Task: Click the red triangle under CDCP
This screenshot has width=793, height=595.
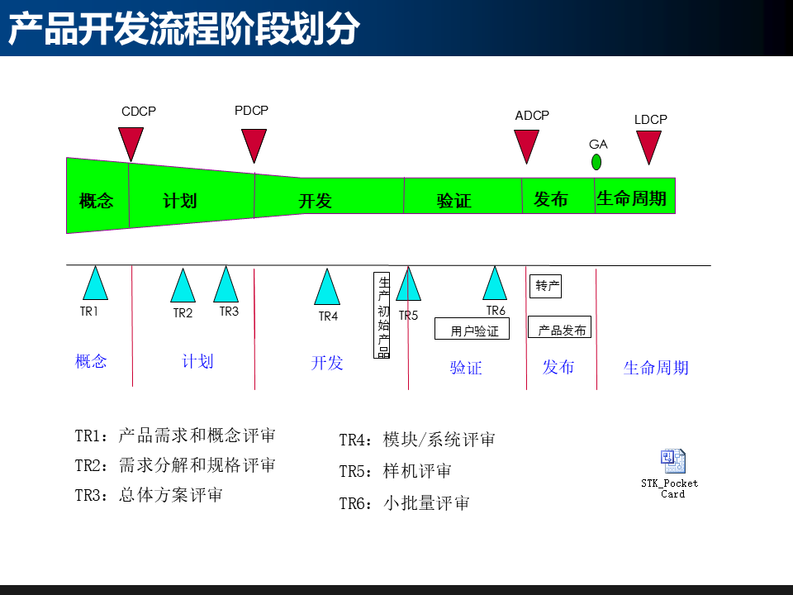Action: point(131,142)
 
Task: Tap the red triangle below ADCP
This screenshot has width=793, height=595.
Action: point(526,144)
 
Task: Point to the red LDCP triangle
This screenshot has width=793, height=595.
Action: point(649,145)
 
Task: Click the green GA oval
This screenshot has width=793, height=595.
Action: point(596,162)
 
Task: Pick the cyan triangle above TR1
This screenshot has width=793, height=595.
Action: point(96,285)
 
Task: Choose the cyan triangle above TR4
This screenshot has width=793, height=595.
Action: point(327,288)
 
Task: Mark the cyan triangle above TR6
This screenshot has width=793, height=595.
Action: point(495,285)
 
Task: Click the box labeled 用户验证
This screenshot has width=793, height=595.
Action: point(472,329)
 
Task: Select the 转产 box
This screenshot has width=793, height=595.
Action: point(546,286)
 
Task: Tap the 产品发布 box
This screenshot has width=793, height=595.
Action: point(560,328)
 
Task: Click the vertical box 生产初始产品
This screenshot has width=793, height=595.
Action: point(382,316)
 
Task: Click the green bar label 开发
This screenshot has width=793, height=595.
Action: point(315,201)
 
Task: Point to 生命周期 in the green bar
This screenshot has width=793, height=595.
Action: point(631,198)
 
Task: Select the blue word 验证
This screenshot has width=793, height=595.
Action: point(466,368)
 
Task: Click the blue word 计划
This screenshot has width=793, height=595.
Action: point(197,361)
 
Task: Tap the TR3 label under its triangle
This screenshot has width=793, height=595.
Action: point(229,312)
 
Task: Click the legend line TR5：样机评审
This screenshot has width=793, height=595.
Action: point(396,472)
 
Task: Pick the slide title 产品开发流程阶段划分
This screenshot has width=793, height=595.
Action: point(184,29)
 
